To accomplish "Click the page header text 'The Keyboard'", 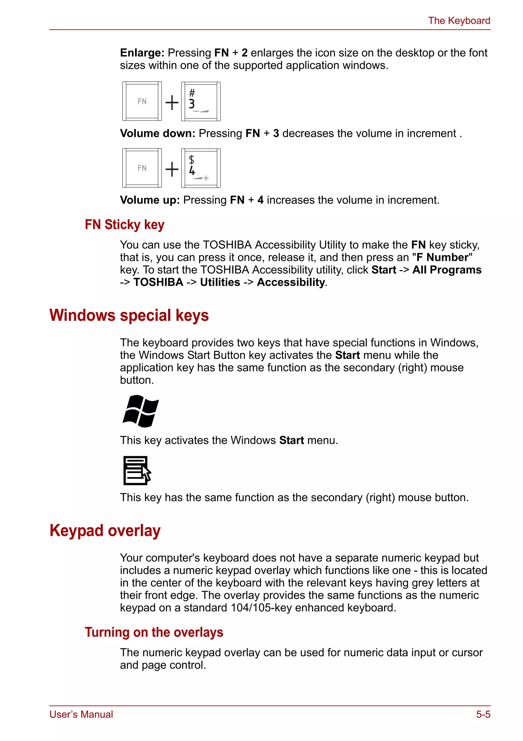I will point(459,21).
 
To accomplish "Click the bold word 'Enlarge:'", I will point(142,53).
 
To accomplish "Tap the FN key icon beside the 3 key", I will point(142,101).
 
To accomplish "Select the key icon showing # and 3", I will point(201,101).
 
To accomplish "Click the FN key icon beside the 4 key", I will point(142,168).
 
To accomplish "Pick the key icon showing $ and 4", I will point(201,168).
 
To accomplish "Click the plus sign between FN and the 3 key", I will point(172,103).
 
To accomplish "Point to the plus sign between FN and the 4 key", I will point(172,169).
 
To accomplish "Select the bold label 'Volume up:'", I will point(150,200).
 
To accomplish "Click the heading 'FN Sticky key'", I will point(125,225).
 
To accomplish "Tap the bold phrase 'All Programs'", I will point(447,270).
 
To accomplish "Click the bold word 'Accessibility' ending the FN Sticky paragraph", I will point(291,283).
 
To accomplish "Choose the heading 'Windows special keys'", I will point(129,315).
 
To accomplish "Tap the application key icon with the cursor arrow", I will point(137,471).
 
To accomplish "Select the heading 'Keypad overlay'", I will point(105,531).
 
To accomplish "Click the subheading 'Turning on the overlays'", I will point(154,632).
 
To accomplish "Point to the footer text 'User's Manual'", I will point(81,714).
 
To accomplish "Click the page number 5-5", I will point(483,714).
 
